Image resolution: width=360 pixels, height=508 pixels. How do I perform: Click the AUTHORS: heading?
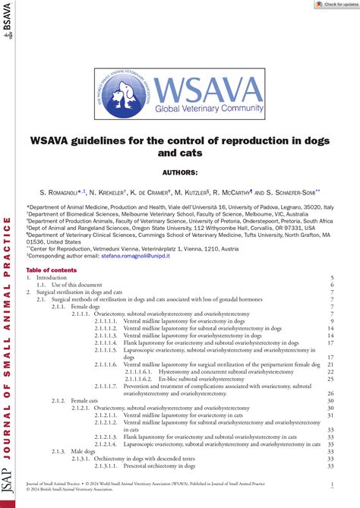click(180, 173)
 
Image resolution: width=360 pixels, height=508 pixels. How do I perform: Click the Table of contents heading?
click(51, 270)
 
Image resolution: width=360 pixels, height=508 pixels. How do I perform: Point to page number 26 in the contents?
click(330, 393)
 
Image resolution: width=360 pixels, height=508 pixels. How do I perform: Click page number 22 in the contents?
click(330, 371)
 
